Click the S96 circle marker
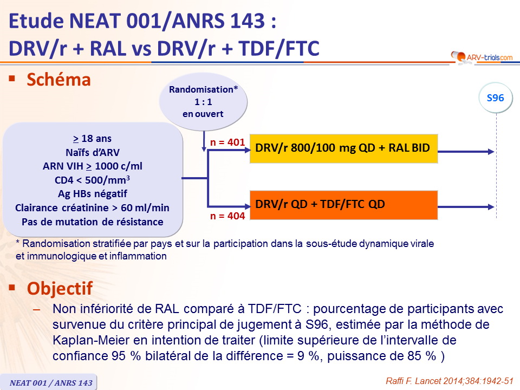495,98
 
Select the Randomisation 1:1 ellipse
203,101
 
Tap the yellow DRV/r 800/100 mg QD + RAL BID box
343,148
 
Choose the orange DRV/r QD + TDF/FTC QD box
343,205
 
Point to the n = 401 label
227,142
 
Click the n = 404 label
227,216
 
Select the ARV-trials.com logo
482,57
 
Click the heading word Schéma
58,80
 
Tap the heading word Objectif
60,288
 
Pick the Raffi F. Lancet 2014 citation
450,381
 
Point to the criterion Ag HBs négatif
93,194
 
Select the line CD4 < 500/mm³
93,180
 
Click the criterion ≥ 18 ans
93,138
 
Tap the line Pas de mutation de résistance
93,222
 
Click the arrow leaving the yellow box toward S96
466,152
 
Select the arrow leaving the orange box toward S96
466,207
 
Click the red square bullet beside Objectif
12,287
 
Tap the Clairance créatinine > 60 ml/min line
93,208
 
